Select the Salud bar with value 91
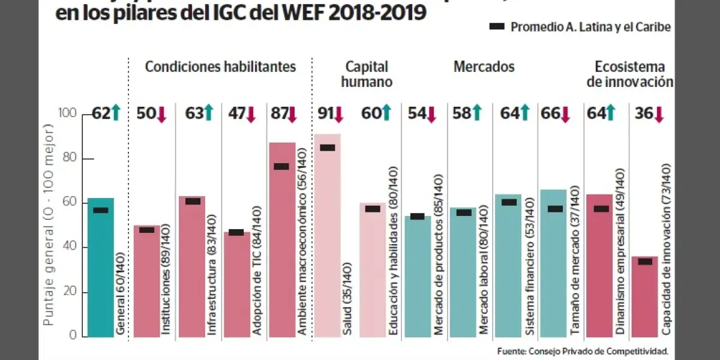point(327,240)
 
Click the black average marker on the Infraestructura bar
point(193,201)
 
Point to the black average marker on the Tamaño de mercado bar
point(555,209)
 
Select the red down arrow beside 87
point(292,114)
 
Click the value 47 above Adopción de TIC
point(233,113)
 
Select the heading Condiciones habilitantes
point(220,67)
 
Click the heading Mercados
point(484,67)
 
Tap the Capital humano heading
point(367,74)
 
